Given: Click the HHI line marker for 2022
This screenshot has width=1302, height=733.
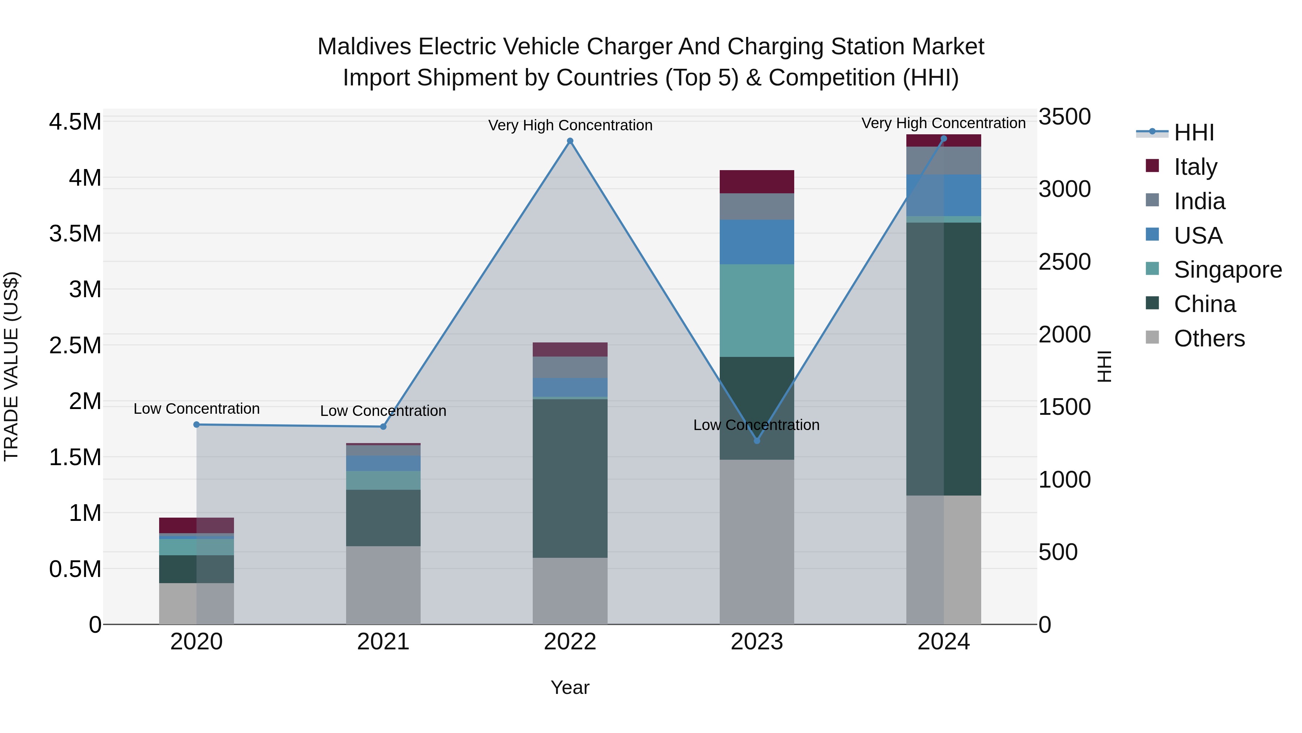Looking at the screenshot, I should tap(570, 141).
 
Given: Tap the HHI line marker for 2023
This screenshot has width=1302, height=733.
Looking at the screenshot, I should tap(757, 441).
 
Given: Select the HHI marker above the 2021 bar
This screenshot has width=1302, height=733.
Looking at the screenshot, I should tap(383, 426).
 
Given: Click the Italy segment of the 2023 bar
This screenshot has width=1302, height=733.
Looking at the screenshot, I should tap(757, 182).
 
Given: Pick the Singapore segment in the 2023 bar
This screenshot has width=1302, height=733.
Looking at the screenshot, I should tap(757, 310).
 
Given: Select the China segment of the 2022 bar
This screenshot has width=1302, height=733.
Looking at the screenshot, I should tap(570, 478).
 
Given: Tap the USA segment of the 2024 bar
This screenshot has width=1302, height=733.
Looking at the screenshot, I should tap(943, 195).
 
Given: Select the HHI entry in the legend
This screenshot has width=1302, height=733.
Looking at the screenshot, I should tap(1193, 132).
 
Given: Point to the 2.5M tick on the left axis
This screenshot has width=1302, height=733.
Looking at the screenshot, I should tap(75, 346).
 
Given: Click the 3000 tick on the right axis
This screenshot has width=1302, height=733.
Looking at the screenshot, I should tap(1064, 189).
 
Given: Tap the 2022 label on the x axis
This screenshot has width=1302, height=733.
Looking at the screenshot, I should tap(570, 642).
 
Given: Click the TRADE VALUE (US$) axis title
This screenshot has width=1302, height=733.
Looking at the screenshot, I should tap(12, 366).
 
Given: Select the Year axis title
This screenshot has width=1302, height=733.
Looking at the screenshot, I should tap(570, 687).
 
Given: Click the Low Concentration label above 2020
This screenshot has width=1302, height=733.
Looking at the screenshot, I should tap(197, 409).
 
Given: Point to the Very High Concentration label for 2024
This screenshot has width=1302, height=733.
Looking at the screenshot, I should tap(943, 123).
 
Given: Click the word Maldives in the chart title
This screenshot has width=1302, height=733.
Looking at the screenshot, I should tap(364, 47).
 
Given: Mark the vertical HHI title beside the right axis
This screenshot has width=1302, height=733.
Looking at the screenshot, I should tap(1105, 366).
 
